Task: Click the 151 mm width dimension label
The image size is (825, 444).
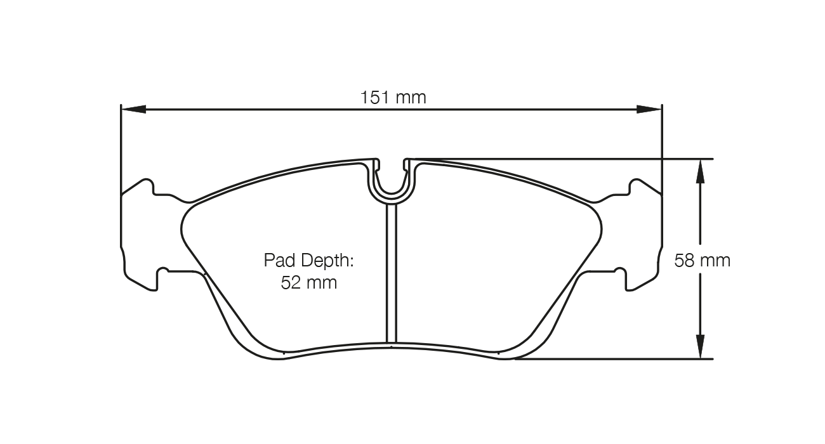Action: point(393,98)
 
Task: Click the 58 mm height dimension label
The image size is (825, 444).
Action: point(702,260)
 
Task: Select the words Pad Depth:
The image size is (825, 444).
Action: point(308,260)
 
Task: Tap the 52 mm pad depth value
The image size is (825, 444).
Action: point(308,283)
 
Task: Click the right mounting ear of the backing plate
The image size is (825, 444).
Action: point(645,235)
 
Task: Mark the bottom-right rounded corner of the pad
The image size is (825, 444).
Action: point(529,346)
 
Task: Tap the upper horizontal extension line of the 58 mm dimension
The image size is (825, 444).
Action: point(571,159)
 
